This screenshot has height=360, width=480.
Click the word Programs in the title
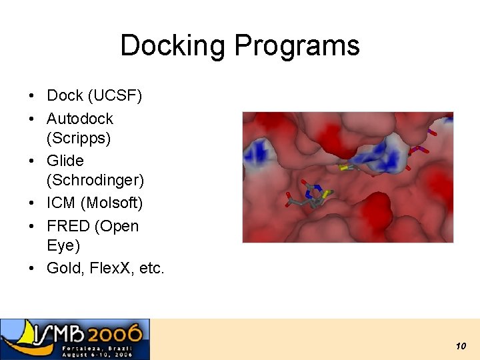297,46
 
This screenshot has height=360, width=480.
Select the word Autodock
80,119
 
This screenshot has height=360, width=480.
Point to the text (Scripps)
78,138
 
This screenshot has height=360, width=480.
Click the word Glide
65,161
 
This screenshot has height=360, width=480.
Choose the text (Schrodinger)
95,180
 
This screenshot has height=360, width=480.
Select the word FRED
69,226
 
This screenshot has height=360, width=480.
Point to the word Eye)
63,245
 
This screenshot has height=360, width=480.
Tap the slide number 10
460,346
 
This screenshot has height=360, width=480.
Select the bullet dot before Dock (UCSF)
32,97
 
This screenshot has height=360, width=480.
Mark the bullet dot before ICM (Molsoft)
32,203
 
